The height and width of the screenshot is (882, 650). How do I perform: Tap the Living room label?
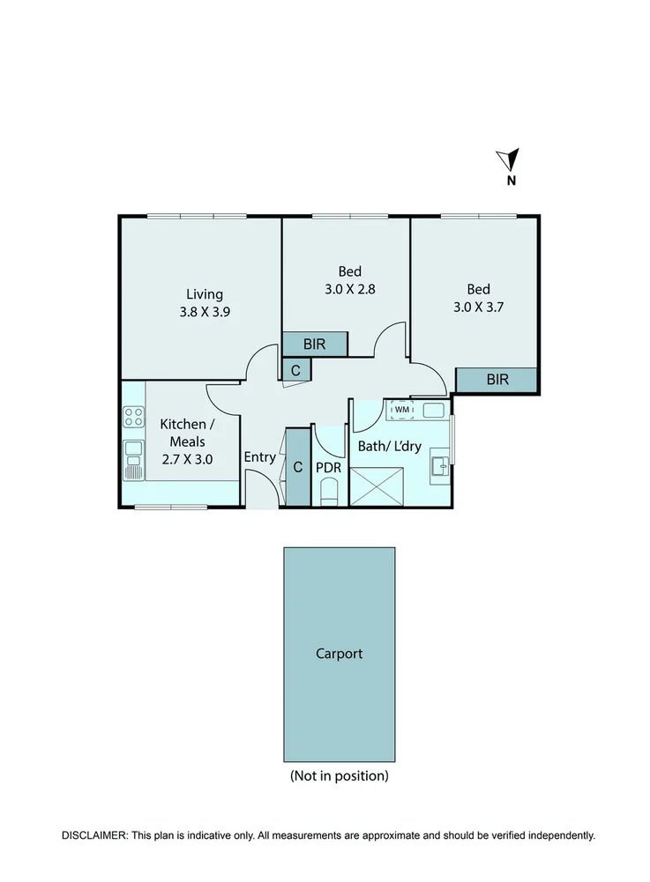pos(204,294)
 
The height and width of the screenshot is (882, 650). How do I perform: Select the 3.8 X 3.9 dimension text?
pos(205,311)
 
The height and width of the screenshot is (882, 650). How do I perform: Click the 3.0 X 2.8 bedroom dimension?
pos(349,288)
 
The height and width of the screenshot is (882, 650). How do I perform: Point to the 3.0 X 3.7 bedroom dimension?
pos(478,307)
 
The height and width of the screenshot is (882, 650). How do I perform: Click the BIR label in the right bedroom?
pos(497,380)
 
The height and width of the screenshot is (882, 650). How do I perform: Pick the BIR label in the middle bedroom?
pos(315,345)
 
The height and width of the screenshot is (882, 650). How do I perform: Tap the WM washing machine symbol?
pos(402,410)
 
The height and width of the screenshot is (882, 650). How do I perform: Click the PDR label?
pos(328,467)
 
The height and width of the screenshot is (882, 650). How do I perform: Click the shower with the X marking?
pos(377,486)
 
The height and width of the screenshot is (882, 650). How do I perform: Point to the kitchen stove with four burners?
pos(133,418)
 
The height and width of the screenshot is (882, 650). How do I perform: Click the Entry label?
pos(259,457)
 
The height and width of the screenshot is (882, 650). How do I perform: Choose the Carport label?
pos(339,654)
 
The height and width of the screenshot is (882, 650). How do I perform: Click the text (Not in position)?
pos(339,776)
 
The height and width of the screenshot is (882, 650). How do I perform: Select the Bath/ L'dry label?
pos(389,447)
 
